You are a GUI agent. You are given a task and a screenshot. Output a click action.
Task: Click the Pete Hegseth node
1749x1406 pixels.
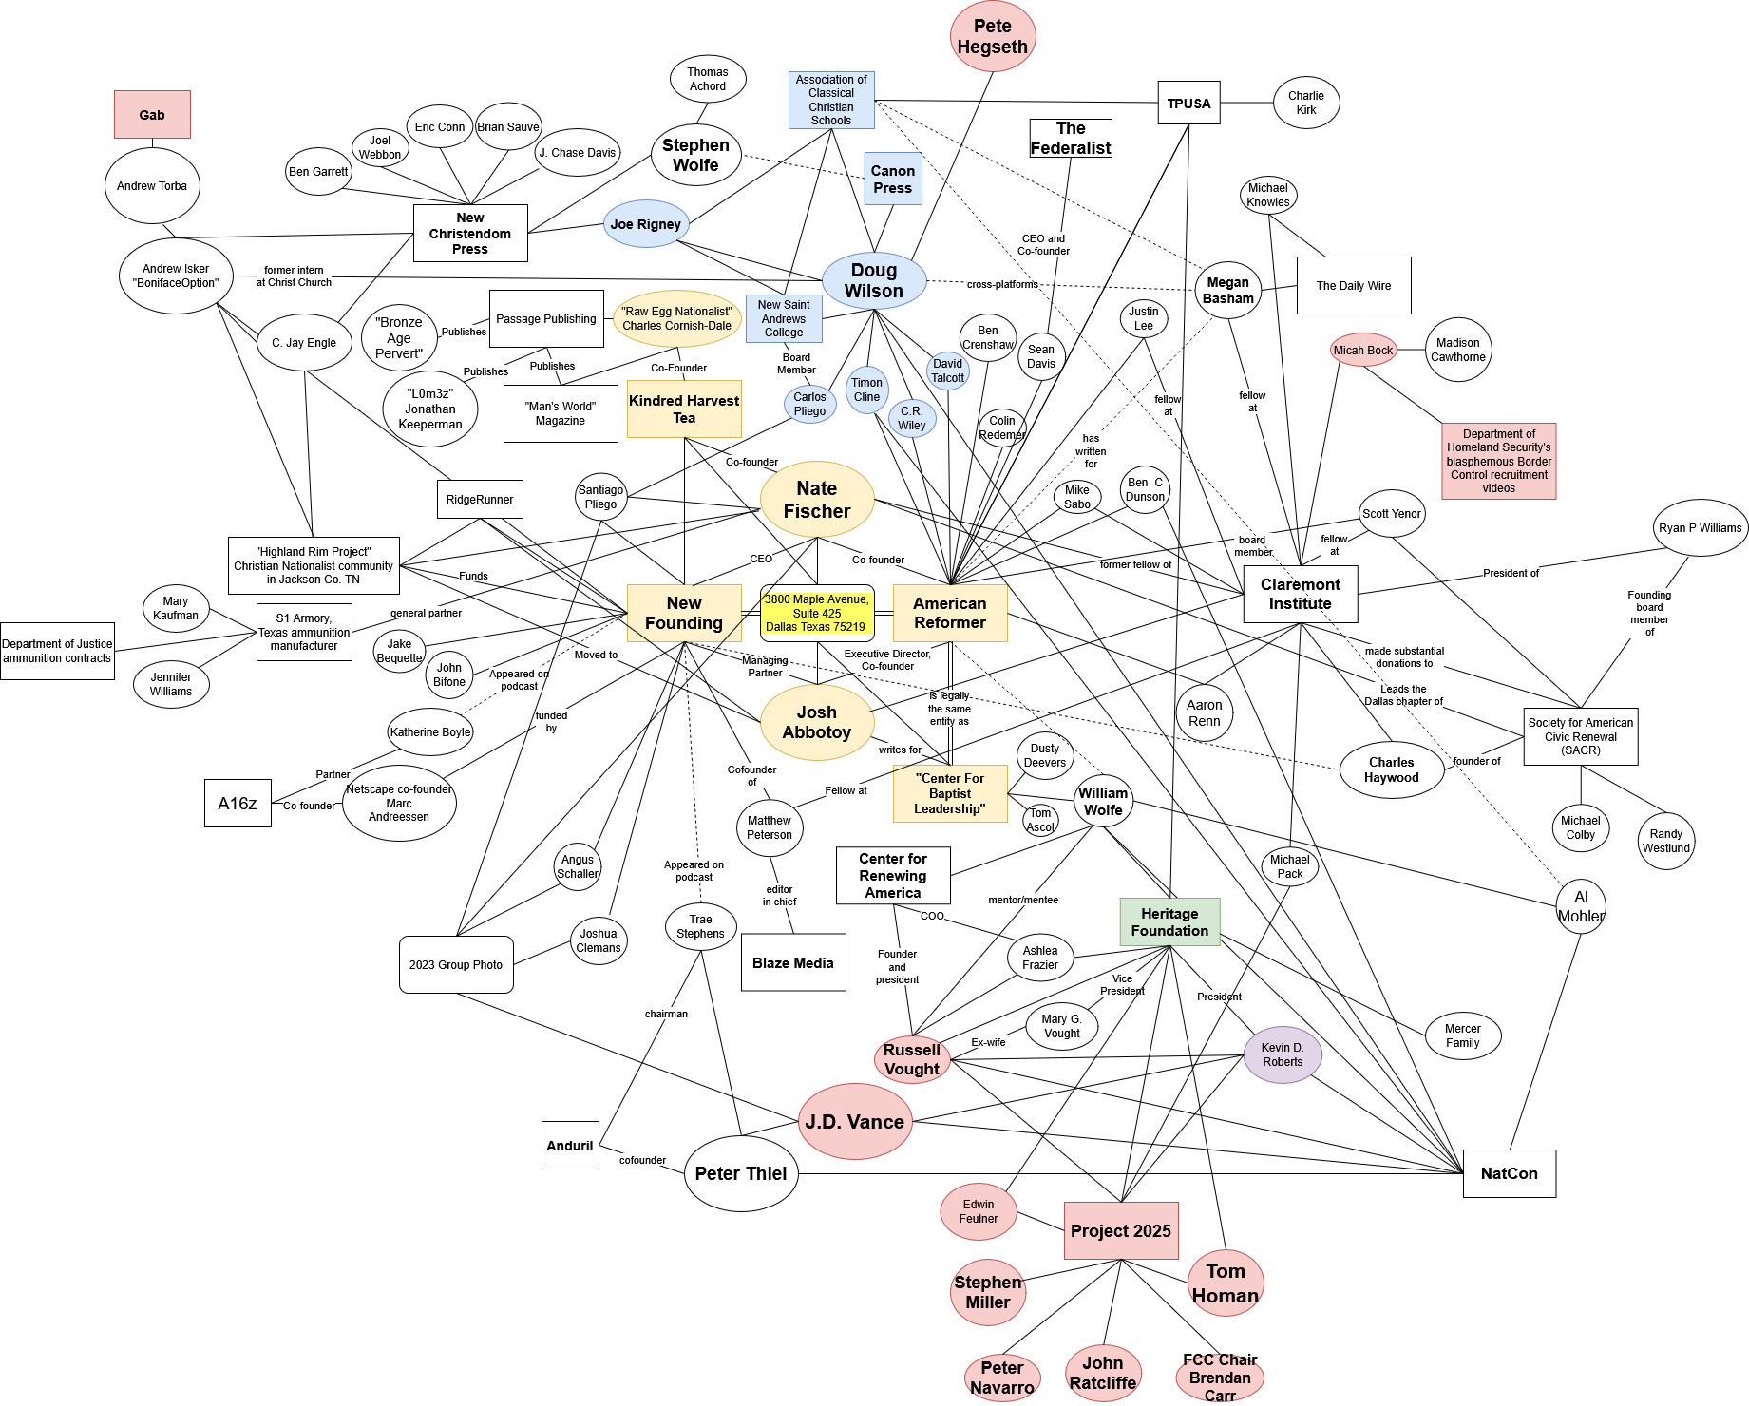pos(992,37)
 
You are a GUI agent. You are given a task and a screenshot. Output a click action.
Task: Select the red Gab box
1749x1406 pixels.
pos(152,115)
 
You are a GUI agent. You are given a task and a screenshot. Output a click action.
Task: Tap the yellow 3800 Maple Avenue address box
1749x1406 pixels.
pos(817,613)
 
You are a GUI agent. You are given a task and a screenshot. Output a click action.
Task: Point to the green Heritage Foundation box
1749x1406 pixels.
pos(1169,921)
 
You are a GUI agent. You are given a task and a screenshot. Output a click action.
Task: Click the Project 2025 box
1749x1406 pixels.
pos(1121,1230)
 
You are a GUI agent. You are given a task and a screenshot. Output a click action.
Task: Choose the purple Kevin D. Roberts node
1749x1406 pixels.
pos(1282,1054)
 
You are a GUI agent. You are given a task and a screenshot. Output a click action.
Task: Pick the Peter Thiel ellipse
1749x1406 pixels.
pos(741,1173)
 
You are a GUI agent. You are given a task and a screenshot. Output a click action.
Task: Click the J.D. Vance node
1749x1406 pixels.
pos(855,1122)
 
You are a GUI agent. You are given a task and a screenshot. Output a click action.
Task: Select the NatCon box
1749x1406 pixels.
pos(1509,1173)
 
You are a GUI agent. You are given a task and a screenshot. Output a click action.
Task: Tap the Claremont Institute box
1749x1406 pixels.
pos(1300,594)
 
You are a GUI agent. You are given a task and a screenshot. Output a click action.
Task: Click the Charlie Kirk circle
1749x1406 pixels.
pos(1306,103)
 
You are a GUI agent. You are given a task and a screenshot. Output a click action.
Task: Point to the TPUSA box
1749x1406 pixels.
pos(1188,103)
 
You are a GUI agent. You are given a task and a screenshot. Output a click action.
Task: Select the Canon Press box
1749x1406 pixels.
pos(893,179)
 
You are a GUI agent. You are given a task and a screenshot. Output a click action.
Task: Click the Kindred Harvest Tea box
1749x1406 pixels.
pos(684,409)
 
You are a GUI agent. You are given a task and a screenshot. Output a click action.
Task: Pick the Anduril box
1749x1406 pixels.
pos(570,1145)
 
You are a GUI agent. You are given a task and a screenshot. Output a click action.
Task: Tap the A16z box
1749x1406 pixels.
pos(238,803)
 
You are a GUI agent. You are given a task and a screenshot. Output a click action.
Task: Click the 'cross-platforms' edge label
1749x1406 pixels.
pos(1002,284)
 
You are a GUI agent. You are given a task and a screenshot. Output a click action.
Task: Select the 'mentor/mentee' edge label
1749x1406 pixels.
pos(1023,900)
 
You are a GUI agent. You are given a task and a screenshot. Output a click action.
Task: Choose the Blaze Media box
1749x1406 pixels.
pos(793,962)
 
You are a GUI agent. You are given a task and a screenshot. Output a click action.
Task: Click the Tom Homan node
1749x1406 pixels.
pos(1226,1282)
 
